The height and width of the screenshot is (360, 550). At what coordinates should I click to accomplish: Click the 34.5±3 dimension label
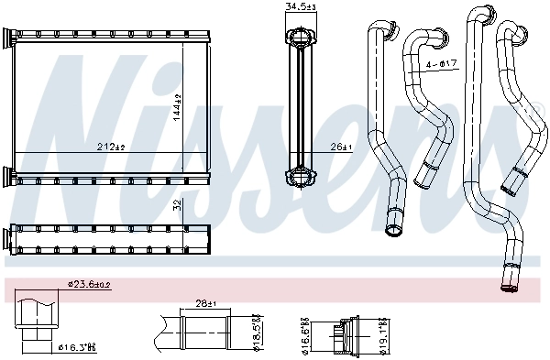coord(301,7)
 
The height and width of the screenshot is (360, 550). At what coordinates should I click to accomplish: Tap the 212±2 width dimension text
coord(111,146)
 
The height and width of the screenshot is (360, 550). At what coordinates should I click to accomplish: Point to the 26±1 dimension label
coord(340,147)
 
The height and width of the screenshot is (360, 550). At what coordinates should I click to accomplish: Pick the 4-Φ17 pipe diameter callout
coord(441,65)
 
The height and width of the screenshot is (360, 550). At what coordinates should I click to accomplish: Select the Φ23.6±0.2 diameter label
coord(90,286)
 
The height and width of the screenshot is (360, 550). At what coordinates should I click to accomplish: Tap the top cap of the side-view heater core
coord(301,37)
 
